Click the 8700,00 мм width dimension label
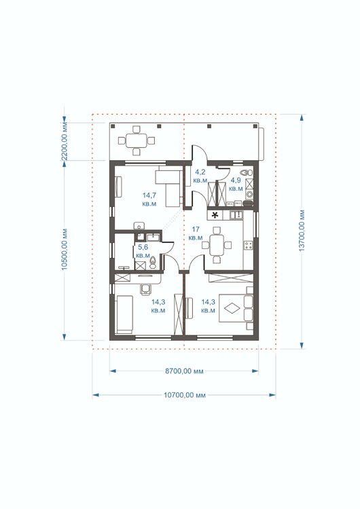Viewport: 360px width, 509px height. pyautogui.click(x=184, y=371)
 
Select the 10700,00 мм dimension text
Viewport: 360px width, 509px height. pyautogui.click(x=185, y=395)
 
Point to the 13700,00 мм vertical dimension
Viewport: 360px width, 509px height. pyautogui.click(x=302, y=231)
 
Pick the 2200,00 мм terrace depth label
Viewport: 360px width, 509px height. pyautogui.click(x=65, y=141)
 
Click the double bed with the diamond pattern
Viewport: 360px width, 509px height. pyautogui.click(x=236, y=307)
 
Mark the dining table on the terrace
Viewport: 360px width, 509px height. pyautogui.click(x=136, y=140)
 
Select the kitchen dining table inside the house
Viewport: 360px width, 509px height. pyautogui.click(x=217, y=245)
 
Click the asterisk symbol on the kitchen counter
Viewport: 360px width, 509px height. pyautogui.click(x=215, y=214)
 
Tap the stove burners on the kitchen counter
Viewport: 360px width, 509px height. pyautogui.click(x=249, y=245)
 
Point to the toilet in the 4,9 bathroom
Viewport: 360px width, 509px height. pyautogui.click(x=247, y=172)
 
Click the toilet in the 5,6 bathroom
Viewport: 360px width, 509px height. pyautogui.click(x=153, y=262)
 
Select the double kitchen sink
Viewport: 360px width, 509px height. pyautogui.click(x=236, y=214)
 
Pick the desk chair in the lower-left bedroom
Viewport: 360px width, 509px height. pyautogui.click(x=145, y=288)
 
